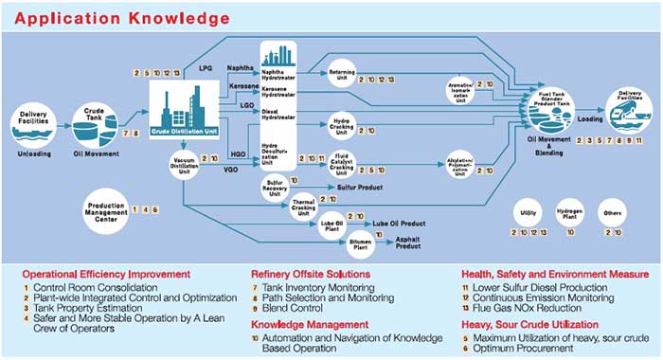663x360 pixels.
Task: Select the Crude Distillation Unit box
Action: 191,113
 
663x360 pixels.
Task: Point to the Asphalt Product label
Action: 409,243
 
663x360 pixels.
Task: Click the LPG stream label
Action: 206,68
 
